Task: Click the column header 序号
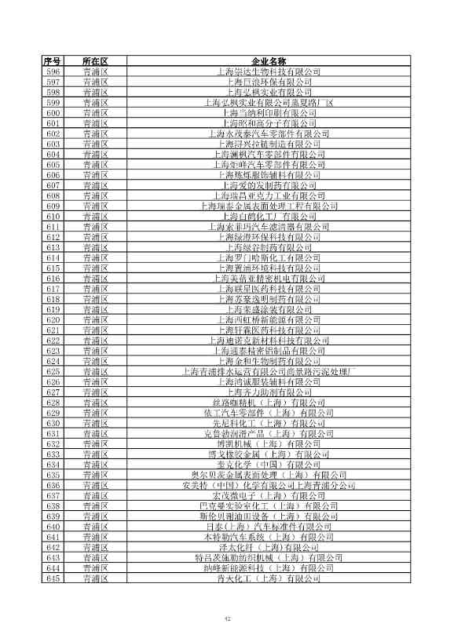[x=53, y=61]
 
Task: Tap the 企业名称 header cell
[x=269, y=61]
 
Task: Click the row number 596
[x=53, y=71]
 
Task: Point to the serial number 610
[x=53, y=217]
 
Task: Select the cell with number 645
[x=53, y=578]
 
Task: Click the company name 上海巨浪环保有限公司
[x=269, y=82]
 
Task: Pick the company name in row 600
[x=269, y=113]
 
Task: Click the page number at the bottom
[x=226, y=618]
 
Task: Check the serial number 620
[x=53, y=319]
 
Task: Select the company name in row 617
[x=269, y=289]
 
